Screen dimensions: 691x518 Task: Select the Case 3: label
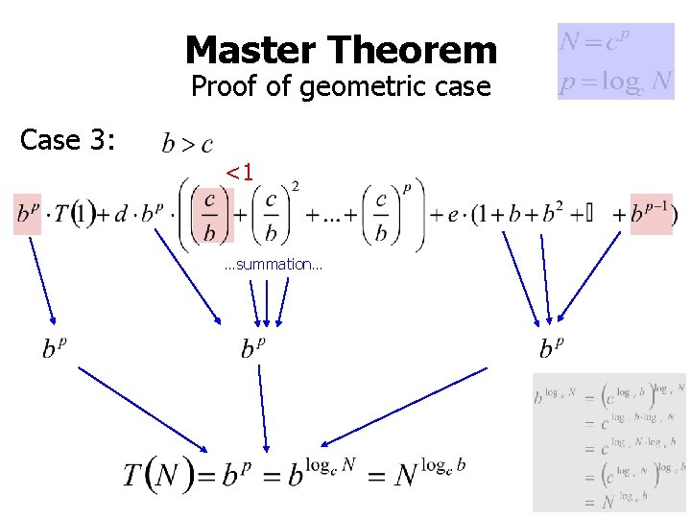(68, 140)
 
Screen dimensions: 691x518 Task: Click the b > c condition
(187, 145)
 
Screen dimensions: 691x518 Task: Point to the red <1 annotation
(239, 173)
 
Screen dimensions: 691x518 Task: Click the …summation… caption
(273, 264)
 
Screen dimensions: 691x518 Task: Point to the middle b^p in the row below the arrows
(253, 346)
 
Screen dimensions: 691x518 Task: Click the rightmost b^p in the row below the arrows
(551, 346)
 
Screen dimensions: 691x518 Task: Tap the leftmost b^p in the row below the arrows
(55, 346)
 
